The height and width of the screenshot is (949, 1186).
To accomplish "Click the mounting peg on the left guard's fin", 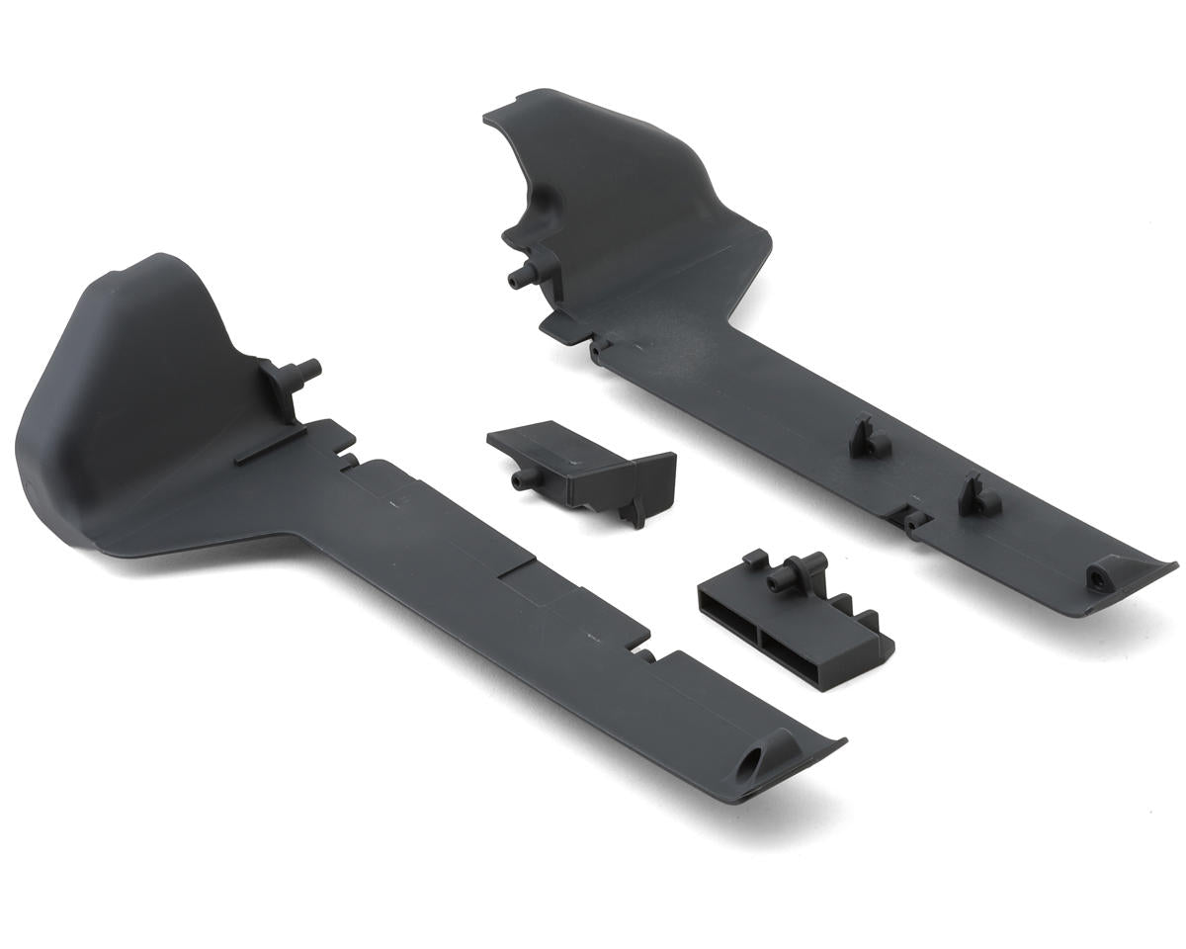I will point(301,373).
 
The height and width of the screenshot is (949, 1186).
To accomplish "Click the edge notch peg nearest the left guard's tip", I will point(644,653).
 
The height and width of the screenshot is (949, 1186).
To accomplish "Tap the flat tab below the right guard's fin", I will point(558,328).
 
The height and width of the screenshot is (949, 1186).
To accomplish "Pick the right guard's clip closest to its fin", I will point(867,438).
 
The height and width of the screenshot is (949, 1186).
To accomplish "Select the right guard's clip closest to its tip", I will point(976,496).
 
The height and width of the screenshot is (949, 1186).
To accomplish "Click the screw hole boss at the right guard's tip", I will point(1098,575).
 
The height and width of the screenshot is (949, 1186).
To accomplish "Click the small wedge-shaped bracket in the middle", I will point(578,465).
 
